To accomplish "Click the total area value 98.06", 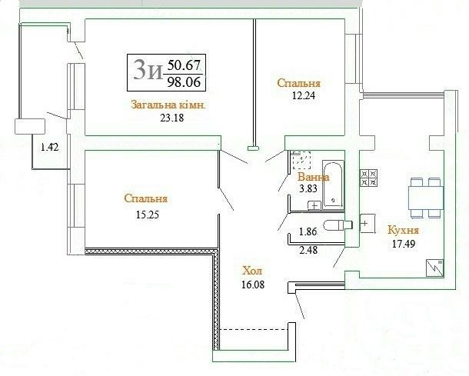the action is click(x=184, y=82).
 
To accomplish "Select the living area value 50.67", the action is click(x=184, y=65).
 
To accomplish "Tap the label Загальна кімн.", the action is click(x=168, y=105).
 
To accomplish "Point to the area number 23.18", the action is click(x=172, y=118).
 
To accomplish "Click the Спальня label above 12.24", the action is click(x=298, y=83).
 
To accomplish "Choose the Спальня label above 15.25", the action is click(x=145, y=199).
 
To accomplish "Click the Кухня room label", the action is click(x=403, y=231).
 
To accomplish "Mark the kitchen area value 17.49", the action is click(x=404, y=244).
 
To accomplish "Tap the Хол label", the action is click(x=252, y=271).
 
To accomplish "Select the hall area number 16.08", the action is click(x=253, y=284).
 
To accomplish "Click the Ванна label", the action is click(x=313, y=178).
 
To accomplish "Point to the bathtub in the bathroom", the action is click(x=333, y=184).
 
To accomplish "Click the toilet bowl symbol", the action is click(x=338, y=225).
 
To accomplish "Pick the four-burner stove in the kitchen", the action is click(x=369, y=178).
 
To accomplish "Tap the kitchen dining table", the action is click(x=426, y=198).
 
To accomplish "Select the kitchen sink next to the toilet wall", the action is click(x=368, y=224).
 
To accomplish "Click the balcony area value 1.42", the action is click(x=50, y=147).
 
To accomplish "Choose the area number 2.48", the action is click(x=308, y=249).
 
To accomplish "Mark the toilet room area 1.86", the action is click(x=308, y=231).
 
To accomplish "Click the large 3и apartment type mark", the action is click(x=148, y=71).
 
